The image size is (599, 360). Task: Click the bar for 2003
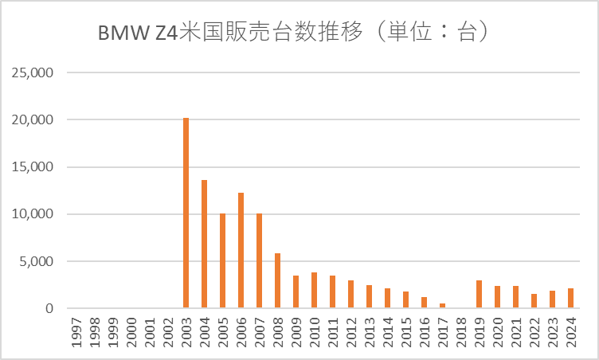(x=186, y=213)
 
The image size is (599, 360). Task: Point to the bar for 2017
(x=442, y=306)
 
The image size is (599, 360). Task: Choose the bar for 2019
(x=479, y=294)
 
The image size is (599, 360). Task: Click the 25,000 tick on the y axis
(x=33, y=73)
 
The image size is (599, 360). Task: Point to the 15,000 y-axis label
(x=33, y=167)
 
